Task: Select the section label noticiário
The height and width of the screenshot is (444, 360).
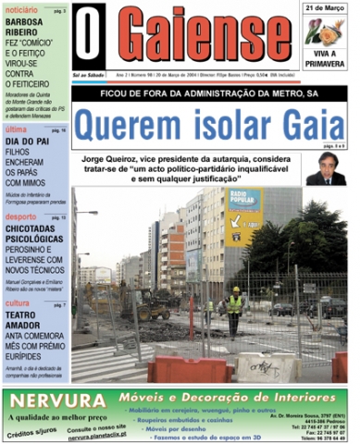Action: (20, 7)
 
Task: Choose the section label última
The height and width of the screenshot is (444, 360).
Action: (16, 130)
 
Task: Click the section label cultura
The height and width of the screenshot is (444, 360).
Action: (18, 303)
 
